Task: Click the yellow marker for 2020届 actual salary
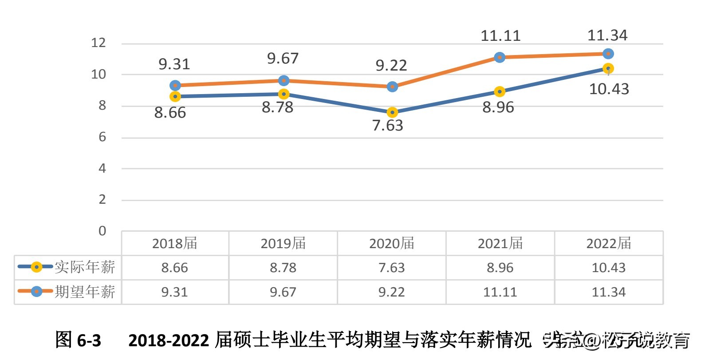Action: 392,112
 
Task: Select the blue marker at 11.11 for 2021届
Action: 500,57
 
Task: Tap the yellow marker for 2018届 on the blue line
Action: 175,96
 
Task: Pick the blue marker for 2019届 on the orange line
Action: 284,81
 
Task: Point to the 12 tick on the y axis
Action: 98,43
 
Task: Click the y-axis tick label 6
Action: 102,137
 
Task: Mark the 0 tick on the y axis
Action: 102,231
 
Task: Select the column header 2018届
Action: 175,243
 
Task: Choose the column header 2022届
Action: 609,243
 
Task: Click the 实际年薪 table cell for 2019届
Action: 283,268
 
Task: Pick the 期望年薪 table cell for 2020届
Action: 392,292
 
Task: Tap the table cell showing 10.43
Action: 609,268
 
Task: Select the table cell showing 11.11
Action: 500,292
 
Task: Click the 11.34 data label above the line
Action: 607,36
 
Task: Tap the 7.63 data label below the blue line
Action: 388,126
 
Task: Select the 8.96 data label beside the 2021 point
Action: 498,107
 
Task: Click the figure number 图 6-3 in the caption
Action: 78,340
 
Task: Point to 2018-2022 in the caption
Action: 169,340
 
